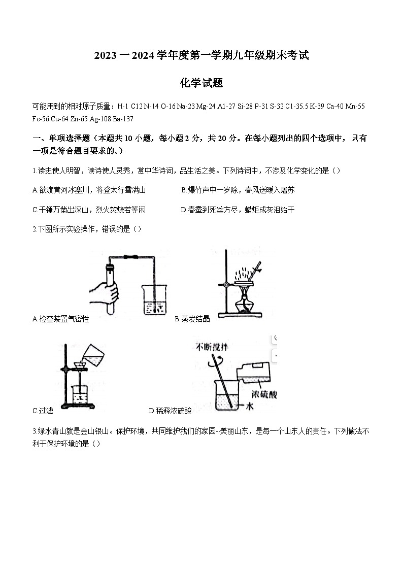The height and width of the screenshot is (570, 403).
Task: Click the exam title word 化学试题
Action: pos(201,83)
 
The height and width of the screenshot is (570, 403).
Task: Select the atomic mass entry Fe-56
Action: pos(41,119)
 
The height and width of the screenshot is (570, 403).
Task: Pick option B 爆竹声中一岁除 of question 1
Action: pos(238,190)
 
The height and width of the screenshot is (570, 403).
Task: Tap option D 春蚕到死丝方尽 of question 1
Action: pos(238,210)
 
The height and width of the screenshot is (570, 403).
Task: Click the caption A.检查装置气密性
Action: pos(60,319)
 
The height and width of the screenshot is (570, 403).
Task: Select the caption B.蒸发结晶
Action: pos(192,319)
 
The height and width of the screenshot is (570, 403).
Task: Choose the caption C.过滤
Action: pos(43,411)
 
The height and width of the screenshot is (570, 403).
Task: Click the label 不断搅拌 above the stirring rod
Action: pos(213,347)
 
